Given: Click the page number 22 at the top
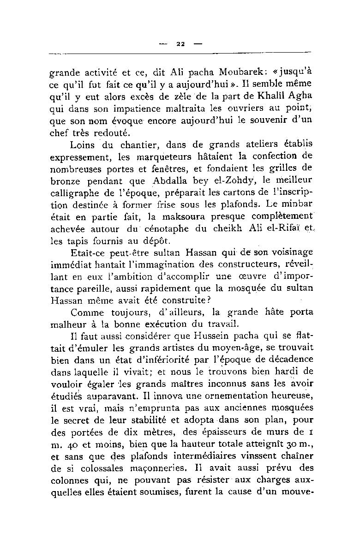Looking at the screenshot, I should coord(180,44).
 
